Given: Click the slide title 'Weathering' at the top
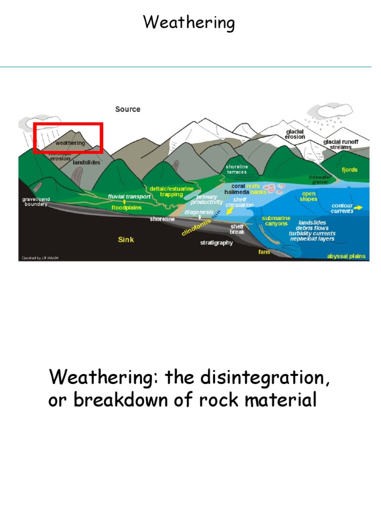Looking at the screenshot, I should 189,23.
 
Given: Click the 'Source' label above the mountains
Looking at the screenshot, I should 127,109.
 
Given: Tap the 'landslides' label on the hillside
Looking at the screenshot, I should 87,162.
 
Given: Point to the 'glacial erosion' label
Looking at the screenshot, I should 295,134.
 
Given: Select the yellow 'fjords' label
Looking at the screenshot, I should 349,170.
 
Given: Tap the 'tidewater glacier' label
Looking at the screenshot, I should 320,180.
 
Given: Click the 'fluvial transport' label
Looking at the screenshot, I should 129,196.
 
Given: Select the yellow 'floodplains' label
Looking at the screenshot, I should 126,208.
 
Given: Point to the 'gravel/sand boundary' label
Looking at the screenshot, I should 35,202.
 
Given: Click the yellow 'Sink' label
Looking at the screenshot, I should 126,240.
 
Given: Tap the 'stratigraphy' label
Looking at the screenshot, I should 217,243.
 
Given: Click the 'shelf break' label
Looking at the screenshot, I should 237,229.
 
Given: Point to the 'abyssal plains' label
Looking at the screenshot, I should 346,256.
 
